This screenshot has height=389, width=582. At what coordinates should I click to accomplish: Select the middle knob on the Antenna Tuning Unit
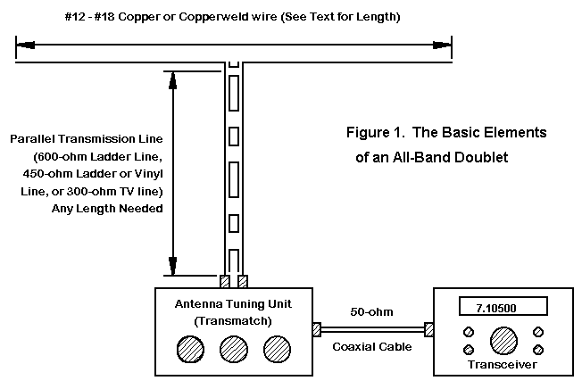234,348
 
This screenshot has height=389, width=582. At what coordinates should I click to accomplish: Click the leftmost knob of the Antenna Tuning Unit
190,348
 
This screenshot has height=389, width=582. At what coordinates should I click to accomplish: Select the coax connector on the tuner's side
316,331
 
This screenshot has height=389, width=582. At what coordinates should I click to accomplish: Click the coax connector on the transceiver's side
429,331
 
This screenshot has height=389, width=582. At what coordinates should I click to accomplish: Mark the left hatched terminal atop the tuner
225,282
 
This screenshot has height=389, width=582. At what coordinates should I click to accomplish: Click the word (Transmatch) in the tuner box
234,320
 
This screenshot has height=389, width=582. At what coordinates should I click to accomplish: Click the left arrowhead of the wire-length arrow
21,42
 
